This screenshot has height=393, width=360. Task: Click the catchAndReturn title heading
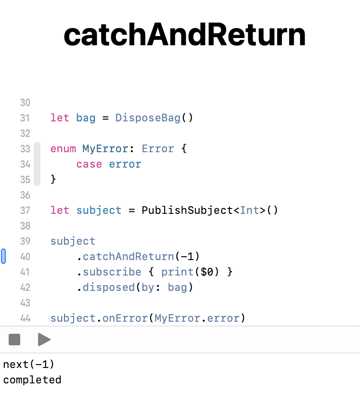click(x=184, y=35)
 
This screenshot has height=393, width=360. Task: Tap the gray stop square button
click(x=14, y=340)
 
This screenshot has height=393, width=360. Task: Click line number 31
click(x=25, y=118)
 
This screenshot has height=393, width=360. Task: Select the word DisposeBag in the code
click(x=148, y=118)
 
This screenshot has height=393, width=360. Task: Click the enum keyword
click(x=63, y=149)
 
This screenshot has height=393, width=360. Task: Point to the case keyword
click(x=89, y=164)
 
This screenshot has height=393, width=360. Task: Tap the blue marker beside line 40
click(x=4, y=256)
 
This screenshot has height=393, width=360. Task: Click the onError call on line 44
click(x=125, y=318)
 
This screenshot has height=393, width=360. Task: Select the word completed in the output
click(x=32, y=380)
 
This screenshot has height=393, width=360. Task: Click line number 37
click(x=25, y=210)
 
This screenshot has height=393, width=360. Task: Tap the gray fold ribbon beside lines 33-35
click(x=37, y=164)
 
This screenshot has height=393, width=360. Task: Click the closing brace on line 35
click(x=53, y=180)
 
